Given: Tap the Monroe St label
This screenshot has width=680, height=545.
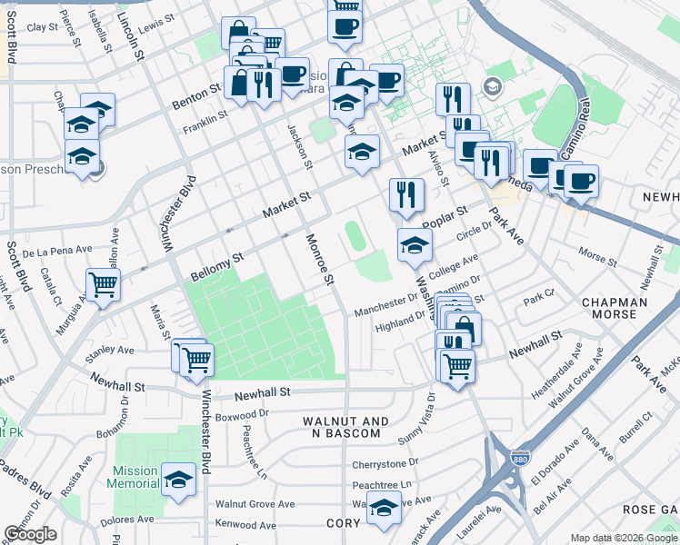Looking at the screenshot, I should tap(320, 261).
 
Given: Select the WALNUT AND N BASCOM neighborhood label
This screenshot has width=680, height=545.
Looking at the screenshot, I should tap(345, 428).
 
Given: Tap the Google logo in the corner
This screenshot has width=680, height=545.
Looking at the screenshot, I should tap(30, 534).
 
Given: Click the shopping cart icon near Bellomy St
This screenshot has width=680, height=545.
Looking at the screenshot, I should tap(104, 284).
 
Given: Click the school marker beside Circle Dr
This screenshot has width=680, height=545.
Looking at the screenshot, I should tap(415, 245).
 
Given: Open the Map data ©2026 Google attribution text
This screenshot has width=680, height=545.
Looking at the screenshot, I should tap(623, 538).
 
